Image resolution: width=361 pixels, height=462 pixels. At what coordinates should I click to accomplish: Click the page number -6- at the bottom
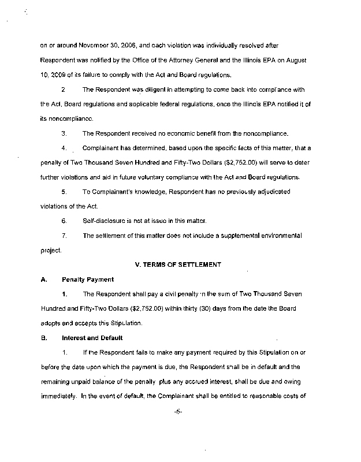pyautogui.click(x=180, y=427)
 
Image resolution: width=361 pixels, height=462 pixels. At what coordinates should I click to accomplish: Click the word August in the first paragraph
pyautogui.click(x=303, y=59)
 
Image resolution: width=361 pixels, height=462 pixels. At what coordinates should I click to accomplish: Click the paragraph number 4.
pyautogui.click(x=64, y=148)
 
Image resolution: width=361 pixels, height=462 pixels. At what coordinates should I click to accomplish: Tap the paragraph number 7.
pyautogui.click(x=64, y=236)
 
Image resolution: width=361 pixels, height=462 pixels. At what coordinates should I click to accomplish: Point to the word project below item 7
pyautogui.click(x=50, y=251)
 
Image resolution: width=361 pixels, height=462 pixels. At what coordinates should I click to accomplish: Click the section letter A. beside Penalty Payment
pyautogui.click(x=43, y=280)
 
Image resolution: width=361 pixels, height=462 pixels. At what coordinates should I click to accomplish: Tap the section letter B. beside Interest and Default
pyautogui.click(x=43, y=338)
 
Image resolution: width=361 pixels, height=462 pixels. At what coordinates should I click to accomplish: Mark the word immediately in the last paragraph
pyautogui.click(x=57, y=397)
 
